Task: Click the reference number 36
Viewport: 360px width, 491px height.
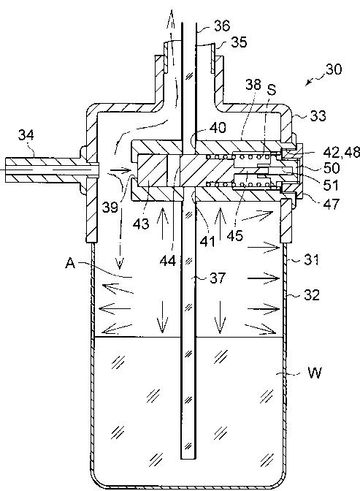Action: pos(222,26)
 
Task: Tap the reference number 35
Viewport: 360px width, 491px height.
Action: pos(239,42)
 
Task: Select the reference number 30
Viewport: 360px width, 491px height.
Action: pos(334,69)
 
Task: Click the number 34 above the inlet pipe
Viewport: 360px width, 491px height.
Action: pos(26,135)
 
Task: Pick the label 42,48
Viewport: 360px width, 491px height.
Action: pos(342,153)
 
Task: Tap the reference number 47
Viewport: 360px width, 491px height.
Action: pos(332,204)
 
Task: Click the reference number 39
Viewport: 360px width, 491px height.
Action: pos(110,207)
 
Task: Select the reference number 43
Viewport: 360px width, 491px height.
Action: pos(141,224)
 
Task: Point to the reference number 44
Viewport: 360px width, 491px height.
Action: pos(168,261)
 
